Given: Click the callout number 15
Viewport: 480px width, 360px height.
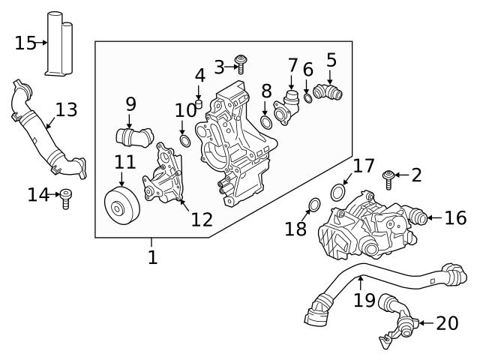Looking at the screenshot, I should pos(25,43).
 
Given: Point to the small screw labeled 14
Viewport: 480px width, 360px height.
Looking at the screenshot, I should pos(65,198).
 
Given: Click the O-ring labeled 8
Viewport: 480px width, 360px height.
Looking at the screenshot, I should pos(265,122).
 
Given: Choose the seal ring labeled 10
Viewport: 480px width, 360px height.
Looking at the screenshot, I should pos(184,141).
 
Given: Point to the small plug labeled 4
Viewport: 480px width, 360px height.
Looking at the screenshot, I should pos(199,101).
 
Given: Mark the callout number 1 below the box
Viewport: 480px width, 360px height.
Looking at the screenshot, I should pos(152,257).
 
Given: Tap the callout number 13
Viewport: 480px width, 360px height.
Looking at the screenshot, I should pos(66,109).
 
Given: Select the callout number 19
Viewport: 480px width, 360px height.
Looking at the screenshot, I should pos(364,300).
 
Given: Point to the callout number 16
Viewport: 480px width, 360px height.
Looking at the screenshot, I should pos(455,217).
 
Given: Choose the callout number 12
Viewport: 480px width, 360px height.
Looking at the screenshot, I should pos(202,219).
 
